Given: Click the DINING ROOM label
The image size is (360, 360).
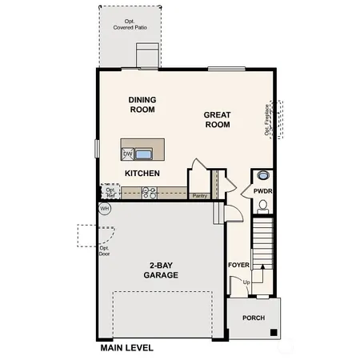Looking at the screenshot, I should tap(142, 105).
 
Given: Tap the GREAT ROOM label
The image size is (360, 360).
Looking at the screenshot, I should tap(217, 119).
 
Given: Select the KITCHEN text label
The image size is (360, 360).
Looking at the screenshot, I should tap(142, 173).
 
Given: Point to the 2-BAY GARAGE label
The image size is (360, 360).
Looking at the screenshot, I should tap(162, 270).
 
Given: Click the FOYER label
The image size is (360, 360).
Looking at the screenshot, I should tap(238, 265).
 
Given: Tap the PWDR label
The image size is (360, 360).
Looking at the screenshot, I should tap(263, 192).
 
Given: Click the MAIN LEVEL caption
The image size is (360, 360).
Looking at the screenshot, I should tap(126, 348).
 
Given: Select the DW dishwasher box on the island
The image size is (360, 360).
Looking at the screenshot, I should tap(127, 154).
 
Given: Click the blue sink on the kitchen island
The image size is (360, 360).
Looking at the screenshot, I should tap(144, 154).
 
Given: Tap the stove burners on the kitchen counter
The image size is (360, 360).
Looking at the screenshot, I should tap(149, 192).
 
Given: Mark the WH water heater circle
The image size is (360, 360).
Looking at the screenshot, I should tap(104, 208).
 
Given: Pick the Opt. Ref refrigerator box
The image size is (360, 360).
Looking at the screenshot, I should tap(110, 192).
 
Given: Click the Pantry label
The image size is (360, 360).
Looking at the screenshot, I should tap(199, 195).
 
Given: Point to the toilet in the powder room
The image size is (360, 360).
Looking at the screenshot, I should tap(263, 206).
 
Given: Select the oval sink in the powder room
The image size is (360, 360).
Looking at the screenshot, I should tap(263, 178).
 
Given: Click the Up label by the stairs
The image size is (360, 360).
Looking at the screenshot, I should tap(246, 282).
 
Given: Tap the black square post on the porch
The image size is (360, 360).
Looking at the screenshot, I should tap(274, 332).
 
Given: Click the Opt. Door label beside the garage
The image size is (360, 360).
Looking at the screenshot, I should tap(104, 250).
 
